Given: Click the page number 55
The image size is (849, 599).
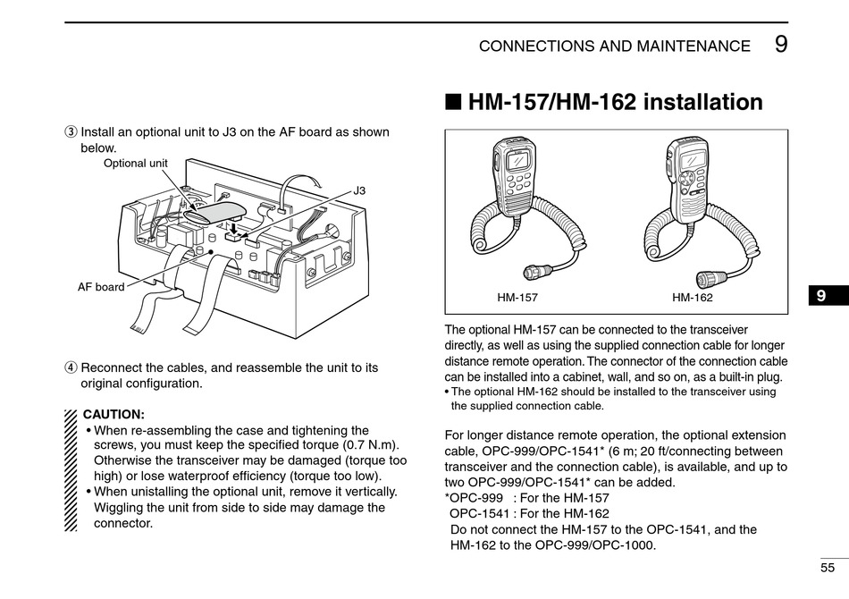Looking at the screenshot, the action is tap(828, 567).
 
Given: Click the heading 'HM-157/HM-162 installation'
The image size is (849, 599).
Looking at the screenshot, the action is tap(615, 102).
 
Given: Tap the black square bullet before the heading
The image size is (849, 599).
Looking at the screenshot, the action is tap(453, 103).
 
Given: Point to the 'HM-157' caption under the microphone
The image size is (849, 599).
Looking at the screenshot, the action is tap(517, 298).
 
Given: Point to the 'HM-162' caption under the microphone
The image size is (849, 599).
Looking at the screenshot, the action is tap(693, 298).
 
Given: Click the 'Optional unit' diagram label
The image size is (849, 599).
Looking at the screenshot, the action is tap(136, 163).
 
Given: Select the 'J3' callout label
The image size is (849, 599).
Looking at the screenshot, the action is tap(359, 190).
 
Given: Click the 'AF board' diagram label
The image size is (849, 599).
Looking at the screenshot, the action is tap(101, 287).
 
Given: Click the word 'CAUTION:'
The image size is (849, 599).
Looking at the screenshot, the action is tap(113, 415).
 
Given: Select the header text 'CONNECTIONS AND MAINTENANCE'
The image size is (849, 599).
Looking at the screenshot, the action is tap(615, 46).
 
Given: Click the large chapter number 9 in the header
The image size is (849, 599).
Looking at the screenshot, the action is tap(781, 44).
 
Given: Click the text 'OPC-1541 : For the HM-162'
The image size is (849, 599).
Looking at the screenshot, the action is tap(529, 513).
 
